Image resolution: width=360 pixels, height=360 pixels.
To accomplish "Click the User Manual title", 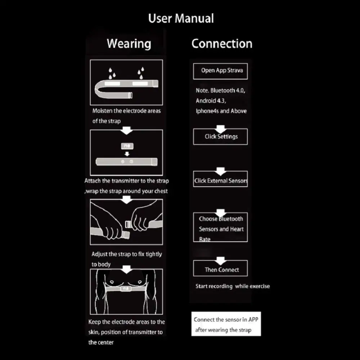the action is pos(181,18).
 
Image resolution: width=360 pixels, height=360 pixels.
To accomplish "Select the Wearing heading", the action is pos(129,44).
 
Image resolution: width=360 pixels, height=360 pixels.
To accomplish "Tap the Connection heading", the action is pos(222,44).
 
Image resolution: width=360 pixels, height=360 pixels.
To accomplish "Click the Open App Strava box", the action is pos(220,71).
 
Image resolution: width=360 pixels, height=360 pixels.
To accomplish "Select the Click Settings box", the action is pos(220,136).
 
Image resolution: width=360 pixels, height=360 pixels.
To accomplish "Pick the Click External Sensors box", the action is pos(220,179).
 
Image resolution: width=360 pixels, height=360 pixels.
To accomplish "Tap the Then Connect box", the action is pos(220,268).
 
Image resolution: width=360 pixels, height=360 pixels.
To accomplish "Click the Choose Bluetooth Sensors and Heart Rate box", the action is pos(220,227).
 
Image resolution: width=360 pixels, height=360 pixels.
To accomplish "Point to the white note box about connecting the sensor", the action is pos(226,324).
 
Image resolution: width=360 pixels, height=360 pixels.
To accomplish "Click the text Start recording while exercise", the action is pos(233,286).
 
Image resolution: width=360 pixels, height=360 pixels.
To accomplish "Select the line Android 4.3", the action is pos(211,101).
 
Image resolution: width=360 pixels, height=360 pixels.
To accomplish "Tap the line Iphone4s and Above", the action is pos(221,111).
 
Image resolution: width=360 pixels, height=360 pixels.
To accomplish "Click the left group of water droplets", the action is pos(112,73).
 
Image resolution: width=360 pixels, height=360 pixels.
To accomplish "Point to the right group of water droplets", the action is pos(141,73).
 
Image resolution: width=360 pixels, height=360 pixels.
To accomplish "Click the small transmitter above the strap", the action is pos(127,146).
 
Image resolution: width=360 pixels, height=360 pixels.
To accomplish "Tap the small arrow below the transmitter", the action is pos(127,154).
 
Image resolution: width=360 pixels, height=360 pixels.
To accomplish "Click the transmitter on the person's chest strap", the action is pos(126,288).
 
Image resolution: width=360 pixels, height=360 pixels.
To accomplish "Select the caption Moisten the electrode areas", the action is pos(126,111).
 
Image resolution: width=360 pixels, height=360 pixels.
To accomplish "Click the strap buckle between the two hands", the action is pos(128,224).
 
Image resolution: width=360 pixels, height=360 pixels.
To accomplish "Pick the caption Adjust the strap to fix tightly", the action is pos(127,254).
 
